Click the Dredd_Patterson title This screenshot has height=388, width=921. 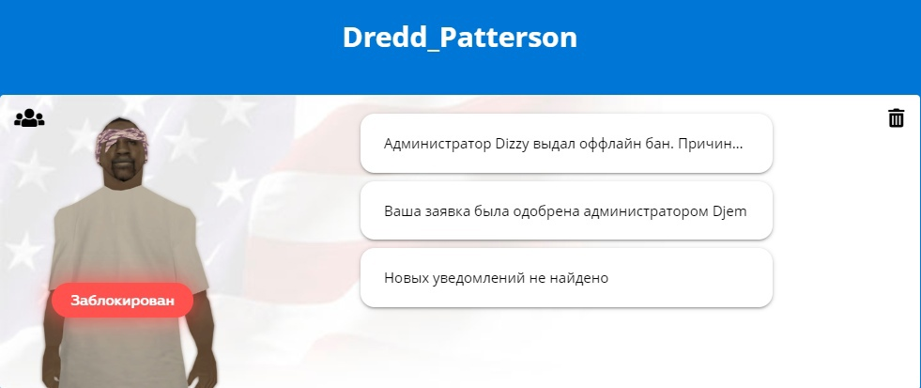pos(460,37)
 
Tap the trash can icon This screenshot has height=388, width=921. pos(896,117)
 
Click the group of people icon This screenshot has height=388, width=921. pos(29,118)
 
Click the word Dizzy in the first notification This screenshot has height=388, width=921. pos(508,144)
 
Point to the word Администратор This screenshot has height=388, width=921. pos(434,145)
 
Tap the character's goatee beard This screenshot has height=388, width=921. pos(122,174)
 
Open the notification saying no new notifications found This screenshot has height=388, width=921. pos(566,277)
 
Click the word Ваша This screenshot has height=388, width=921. pos(402,211)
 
